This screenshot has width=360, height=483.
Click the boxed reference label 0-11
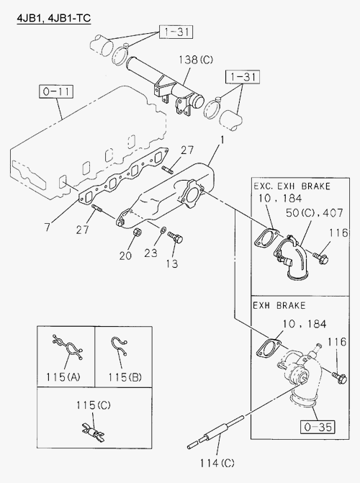pos(56,91)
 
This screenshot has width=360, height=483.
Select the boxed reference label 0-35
pos(318,427)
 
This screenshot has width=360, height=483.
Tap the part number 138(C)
pos(196,59)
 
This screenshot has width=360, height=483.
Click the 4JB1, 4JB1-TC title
pos(53,18)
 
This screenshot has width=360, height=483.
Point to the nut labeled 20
pos(138,233)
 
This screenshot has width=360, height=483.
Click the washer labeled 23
pos(163,230)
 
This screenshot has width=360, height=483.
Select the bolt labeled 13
pos(176,238)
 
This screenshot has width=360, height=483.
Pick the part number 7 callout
pos(47,227)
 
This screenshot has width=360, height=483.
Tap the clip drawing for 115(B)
pos(119,346)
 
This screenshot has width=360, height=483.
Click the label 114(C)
pos(217,463)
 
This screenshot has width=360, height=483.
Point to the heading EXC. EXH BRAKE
pos(292,186)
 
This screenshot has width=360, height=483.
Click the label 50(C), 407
pos(314,213)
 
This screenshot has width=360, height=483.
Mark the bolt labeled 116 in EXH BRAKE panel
pos(339,378)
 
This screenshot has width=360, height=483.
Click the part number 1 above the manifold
pos(222,140)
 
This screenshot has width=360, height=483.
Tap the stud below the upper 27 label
pos(167,168)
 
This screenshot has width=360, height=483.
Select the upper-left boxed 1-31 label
pos(176,32)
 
